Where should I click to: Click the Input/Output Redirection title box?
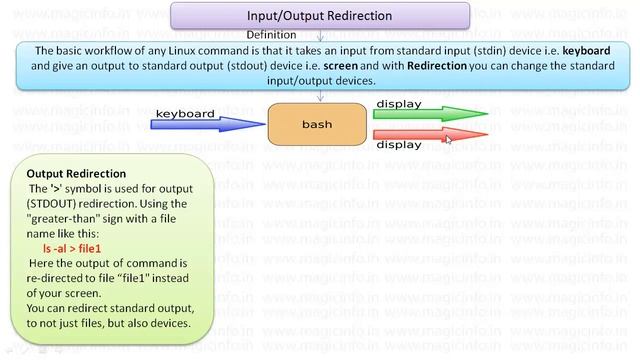[319, 16]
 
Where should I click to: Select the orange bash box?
[316, 125]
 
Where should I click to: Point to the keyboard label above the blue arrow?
[186, 113]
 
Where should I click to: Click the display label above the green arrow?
[398, 103]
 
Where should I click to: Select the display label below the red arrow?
[398, 145]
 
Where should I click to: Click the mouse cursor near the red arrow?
[448, 139]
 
